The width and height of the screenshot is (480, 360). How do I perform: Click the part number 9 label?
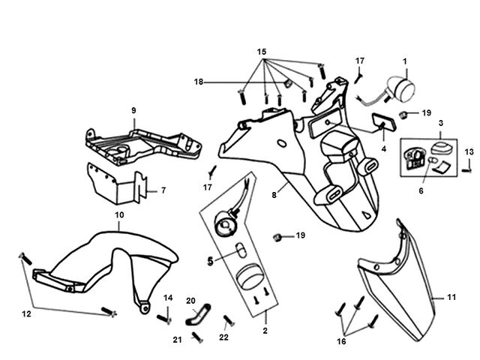(133, 110)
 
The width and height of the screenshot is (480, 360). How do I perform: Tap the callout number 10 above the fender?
(119, 215)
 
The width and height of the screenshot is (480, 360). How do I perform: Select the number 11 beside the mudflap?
(451, 297)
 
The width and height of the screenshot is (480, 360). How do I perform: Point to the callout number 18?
(199, 82)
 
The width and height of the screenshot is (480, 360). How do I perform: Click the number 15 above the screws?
(262, 52)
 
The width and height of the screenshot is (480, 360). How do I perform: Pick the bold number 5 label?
(210, 261)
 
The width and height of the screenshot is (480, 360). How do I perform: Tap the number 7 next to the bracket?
(163, 190)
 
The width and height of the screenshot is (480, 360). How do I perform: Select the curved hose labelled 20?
(198, 314)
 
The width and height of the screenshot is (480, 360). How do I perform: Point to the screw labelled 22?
(229, 320)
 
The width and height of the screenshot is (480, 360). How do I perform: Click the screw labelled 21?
(197, 337)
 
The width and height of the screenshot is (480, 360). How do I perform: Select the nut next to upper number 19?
(404, 115)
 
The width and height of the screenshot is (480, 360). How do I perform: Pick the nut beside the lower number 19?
(277, 237)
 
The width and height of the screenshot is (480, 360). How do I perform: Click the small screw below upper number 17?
(358, 78)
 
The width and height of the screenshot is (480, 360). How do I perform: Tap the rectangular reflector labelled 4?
(384, 122)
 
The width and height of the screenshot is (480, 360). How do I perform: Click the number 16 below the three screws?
(341, 341)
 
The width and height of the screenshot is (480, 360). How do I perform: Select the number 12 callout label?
(27, 313)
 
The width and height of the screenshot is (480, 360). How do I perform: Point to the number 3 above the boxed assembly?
(441, 123)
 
